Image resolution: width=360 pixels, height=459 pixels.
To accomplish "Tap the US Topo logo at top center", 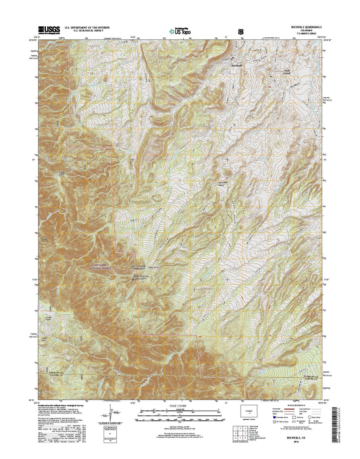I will click(x=180, y=31).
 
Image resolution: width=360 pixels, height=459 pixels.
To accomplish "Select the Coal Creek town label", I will click(x=287, y=72).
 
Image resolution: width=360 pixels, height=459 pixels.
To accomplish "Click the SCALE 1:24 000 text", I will click(x=180, y=406).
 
